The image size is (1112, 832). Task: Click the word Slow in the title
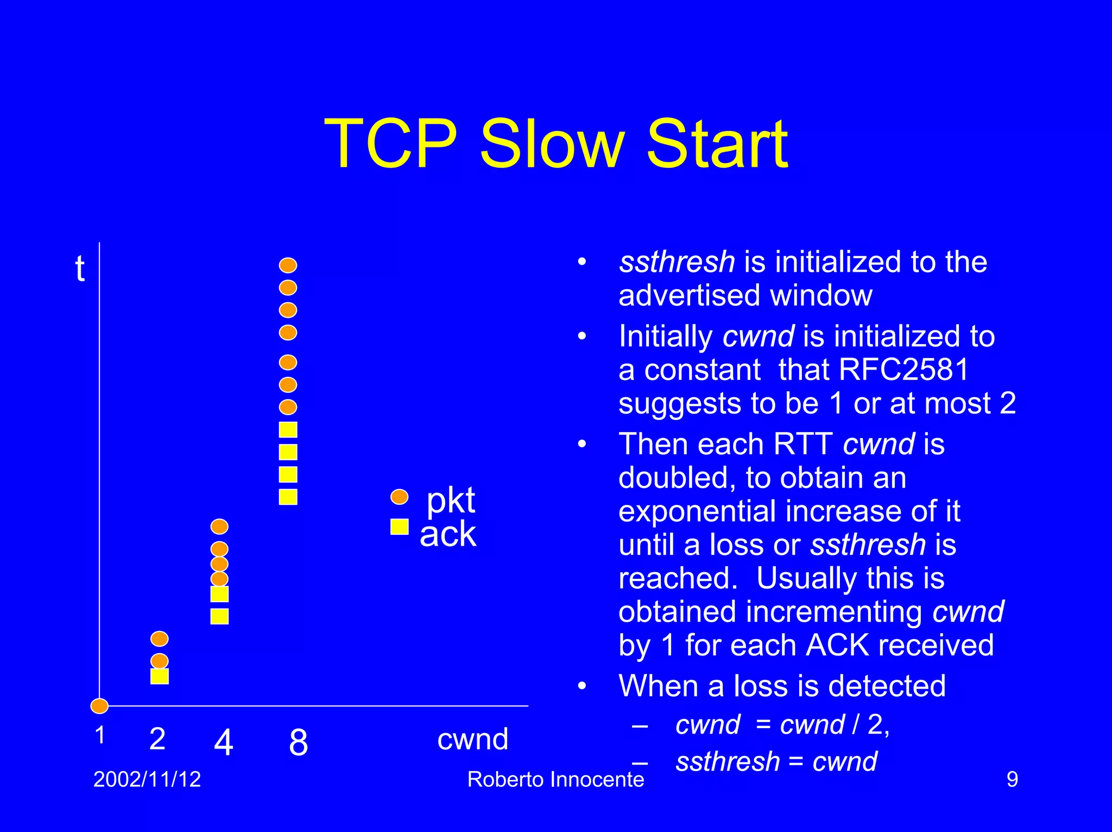point(552,145)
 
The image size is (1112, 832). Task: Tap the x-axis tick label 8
point(298,742)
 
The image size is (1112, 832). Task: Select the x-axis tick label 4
point(223,742)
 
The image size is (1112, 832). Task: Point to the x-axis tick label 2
point(157,739)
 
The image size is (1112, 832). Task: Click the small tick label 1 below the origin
point(100,735)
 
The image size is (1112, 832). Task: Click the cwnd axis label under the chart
point(472,739)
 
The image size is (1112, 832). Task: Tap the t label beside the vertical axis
point(80,269)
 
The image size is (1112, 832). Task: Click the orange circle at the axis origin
point(99,706)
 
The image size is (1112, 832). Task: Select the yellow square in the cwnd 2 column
point(160,676)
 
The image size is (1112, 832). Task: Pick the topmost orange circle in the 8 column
point(288,265)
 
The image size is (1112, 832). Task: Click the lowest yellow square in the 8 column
point(288,497)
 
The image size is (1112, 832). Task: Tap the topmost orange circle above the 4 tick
point(219,526)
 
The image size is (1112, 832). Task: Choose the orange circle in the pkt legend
point(400,497)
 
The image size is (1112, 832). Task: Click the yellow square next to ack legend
point(400,527)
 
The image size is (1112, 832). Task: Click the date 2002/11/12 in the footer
point(147,779)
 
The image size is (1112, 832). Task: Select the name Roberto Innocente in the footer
point(555,779)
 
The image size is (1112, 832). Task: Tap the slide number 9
point(1012,779)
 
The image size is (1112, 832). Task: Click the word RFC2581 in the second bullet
point(903,370)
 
